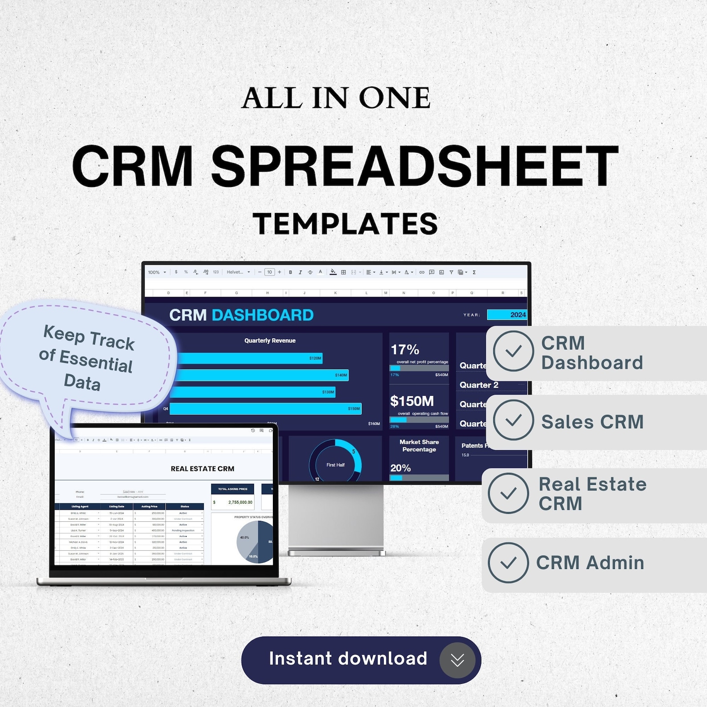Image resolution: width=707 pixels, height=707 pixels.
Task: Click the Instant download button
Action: pyautogui.click(x=347, y=659)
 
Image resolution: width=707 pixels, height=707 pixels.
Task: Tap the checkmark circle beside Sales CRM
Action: pyautogui.click(x=513, y=420)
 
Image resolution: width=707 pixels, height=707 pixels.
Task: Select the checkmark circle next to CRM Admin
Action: pyautogui.click(x=508, y=563)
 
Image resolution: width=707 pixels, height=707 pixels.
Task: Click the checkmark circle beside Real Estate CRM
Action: pyautogui.click(x=508, y=493)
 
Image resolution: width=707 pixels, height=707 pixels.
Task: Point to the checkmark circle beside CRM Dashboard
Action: pyautogui.click(x=513, y=351)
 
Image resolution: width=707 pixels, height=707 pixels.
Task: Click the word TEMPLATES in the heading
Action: pyautogui.click(x=345, y=223)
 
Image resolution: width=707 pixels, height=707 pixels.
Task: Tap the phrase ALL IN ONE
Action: pyautogui.click(x=336, y=98)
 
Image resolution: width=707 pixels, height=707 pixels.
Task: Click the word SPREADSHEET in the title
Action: pyautogui.click(x=414, y=167)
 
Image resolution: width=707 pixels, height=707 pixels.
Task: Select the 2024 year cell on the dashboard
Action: pyautogui.click(x=507, y=315)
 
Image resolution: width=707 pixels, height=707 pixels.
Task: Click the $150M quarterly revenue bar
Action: pyautogui.click(x=265, y=409)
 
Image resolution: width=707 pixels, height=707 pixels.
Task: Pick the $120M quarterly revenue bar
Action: pyautogui.click(x=247, y=358)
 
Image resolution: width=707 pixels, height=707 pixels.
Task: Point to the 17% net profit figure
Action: pyautogui.click(x=405, y=349)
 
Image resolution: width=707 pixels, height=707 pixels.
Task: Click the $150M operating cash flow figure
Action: pyautogui.click(x=412, y=401)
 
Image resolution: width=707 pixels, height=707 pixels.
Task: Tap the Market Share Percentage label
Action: pyautogui.click(x=419, y=446)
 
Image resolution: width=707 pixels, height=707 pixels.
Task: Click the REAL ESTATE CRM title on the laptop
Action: pyautogui.click(x=203, y=468)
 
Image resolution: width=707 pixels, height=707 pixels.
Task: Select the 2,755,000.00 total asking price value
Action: pyautogui.click(x=240, y=502)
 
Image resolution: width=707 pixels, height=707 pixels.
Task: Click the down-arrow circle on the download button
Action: pyautogui.click(x=457, y=660)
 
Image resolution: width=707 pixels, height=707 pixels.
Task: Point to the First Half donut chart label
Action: pyautogui.click(x=335, y=465)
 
